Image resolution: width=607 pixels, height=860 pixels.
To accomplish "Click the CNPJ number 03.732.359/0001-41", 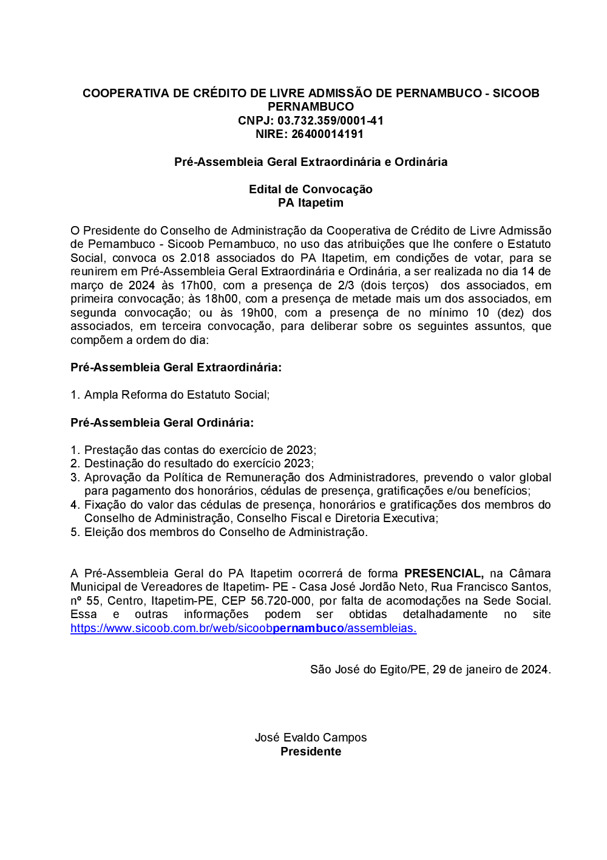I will pos(330,120).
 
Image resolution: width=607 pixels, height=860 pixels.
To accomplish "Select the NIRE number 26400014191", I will pos(327,134).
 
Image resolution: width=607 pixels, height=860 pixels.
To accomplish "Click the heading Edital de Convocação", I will pos(310,189).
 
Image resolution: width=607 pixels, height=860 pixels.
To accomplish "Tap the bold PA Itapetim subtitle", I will pos(310,202).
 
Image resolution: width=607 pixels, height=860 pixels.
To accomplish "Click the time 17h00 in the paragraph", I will pos(197,285).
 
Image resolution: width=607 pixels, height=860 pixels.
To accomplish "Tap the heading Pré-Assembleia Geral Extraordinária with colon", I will pos(176,367).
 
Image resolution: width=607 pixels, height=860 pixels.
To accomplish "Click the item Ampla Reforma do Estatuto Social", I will pos(176,394).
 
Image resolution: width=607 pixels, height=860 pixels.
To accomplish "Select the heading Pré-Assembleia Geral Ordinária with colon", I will pos(162,422).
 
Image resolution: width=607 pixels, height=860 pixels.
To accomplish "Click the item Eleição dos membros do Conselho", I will pos(225,532).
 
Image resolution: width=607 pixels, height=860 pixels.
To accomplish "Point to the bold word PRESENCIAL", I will pos(444,573).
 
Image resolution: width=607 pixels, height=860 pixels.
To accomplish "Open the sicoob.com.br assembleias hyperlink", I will pos(243,628).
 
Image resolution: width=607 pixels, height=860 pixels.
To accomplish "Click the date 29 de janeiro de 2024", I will pos(490,669).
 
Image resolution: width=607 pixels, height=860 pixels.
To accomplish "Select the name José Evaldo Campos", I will pos(310,737).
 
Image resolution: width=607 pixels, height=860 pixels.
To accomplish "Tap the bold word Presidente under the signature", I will pos(310,751).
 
